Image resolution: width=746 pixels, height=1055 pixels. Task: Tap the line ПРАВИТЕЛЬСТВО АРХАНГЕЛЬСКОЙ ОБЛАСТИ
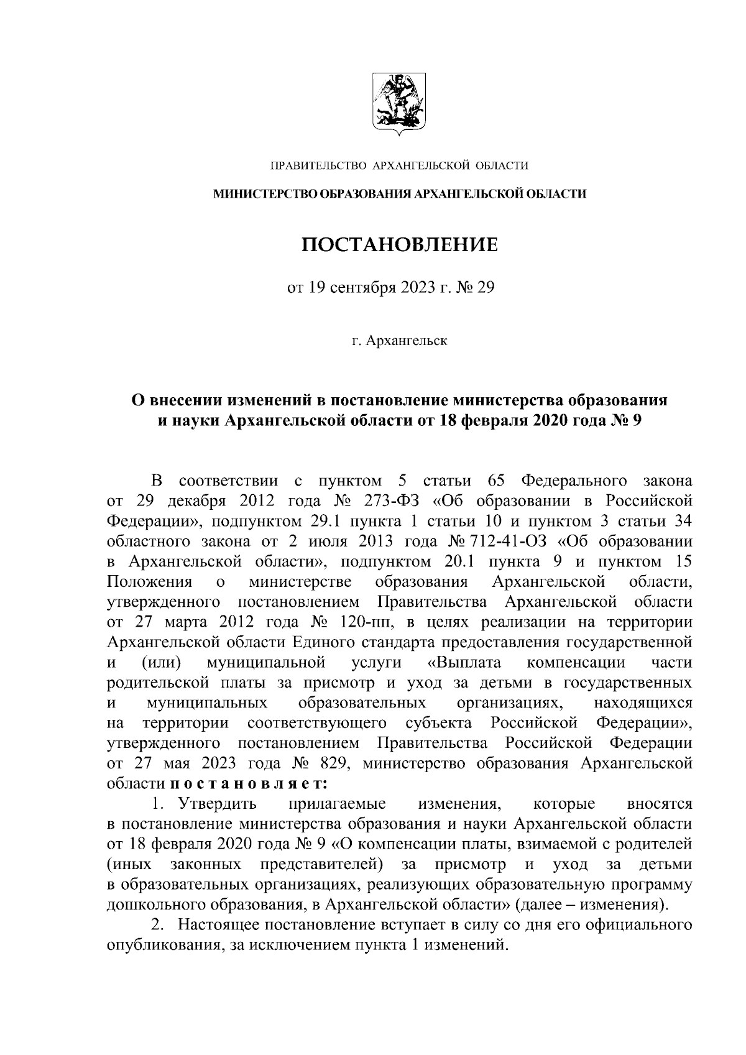(x=398, y=165)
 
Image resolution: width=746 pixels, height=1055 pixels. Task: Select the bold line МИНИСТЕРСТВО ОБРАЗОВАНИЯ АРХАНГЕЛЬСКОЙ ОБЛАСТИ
(x=400, y=195)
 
